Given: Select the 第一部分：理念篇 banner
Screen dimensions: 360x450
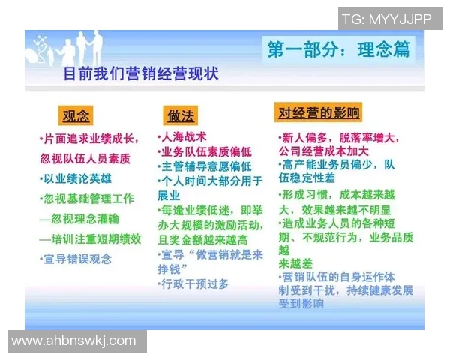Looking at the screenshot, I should point(340,49).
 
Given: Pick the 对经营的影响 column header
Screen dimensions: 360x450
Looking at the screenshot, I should point(318,113).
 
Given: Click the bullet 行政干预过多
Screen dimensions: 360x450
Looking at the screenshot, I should point(193,283).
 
